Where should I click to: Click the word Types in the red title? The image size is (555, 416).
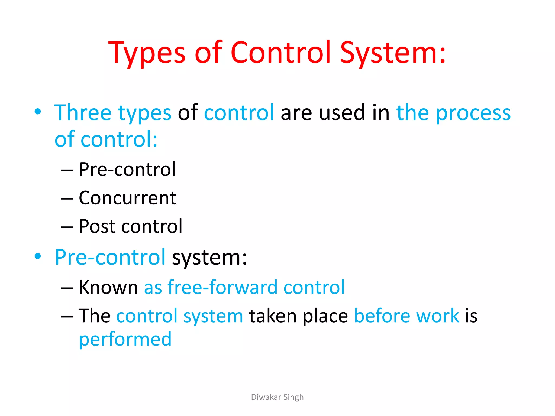(x=147, y=53)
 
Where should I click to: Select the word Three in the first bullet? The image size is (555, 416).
(x=83, y=112)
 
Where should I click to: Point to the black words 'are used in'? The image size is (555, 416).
(x=335, y=112)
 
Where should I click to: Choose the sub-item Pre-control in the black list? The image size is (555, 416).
(x=127, y=169)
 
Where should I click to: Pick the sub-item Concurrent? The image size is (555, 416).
(x=127, y=198)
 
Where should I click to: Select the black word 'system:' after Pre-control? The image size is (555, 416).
(x=209, y=257)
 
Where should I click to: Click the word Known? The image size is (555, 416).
(x=108, y=287)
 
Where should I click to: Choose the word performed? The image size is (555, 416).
(x=125, y=339)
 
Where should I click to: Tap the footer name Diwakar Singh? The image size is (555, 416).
(x=277, y=397)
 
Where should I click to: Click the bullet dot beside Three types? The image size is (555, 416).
(x=38, y=111)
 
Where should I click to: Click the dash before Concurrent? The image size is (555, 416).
(x=67, y=199)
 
